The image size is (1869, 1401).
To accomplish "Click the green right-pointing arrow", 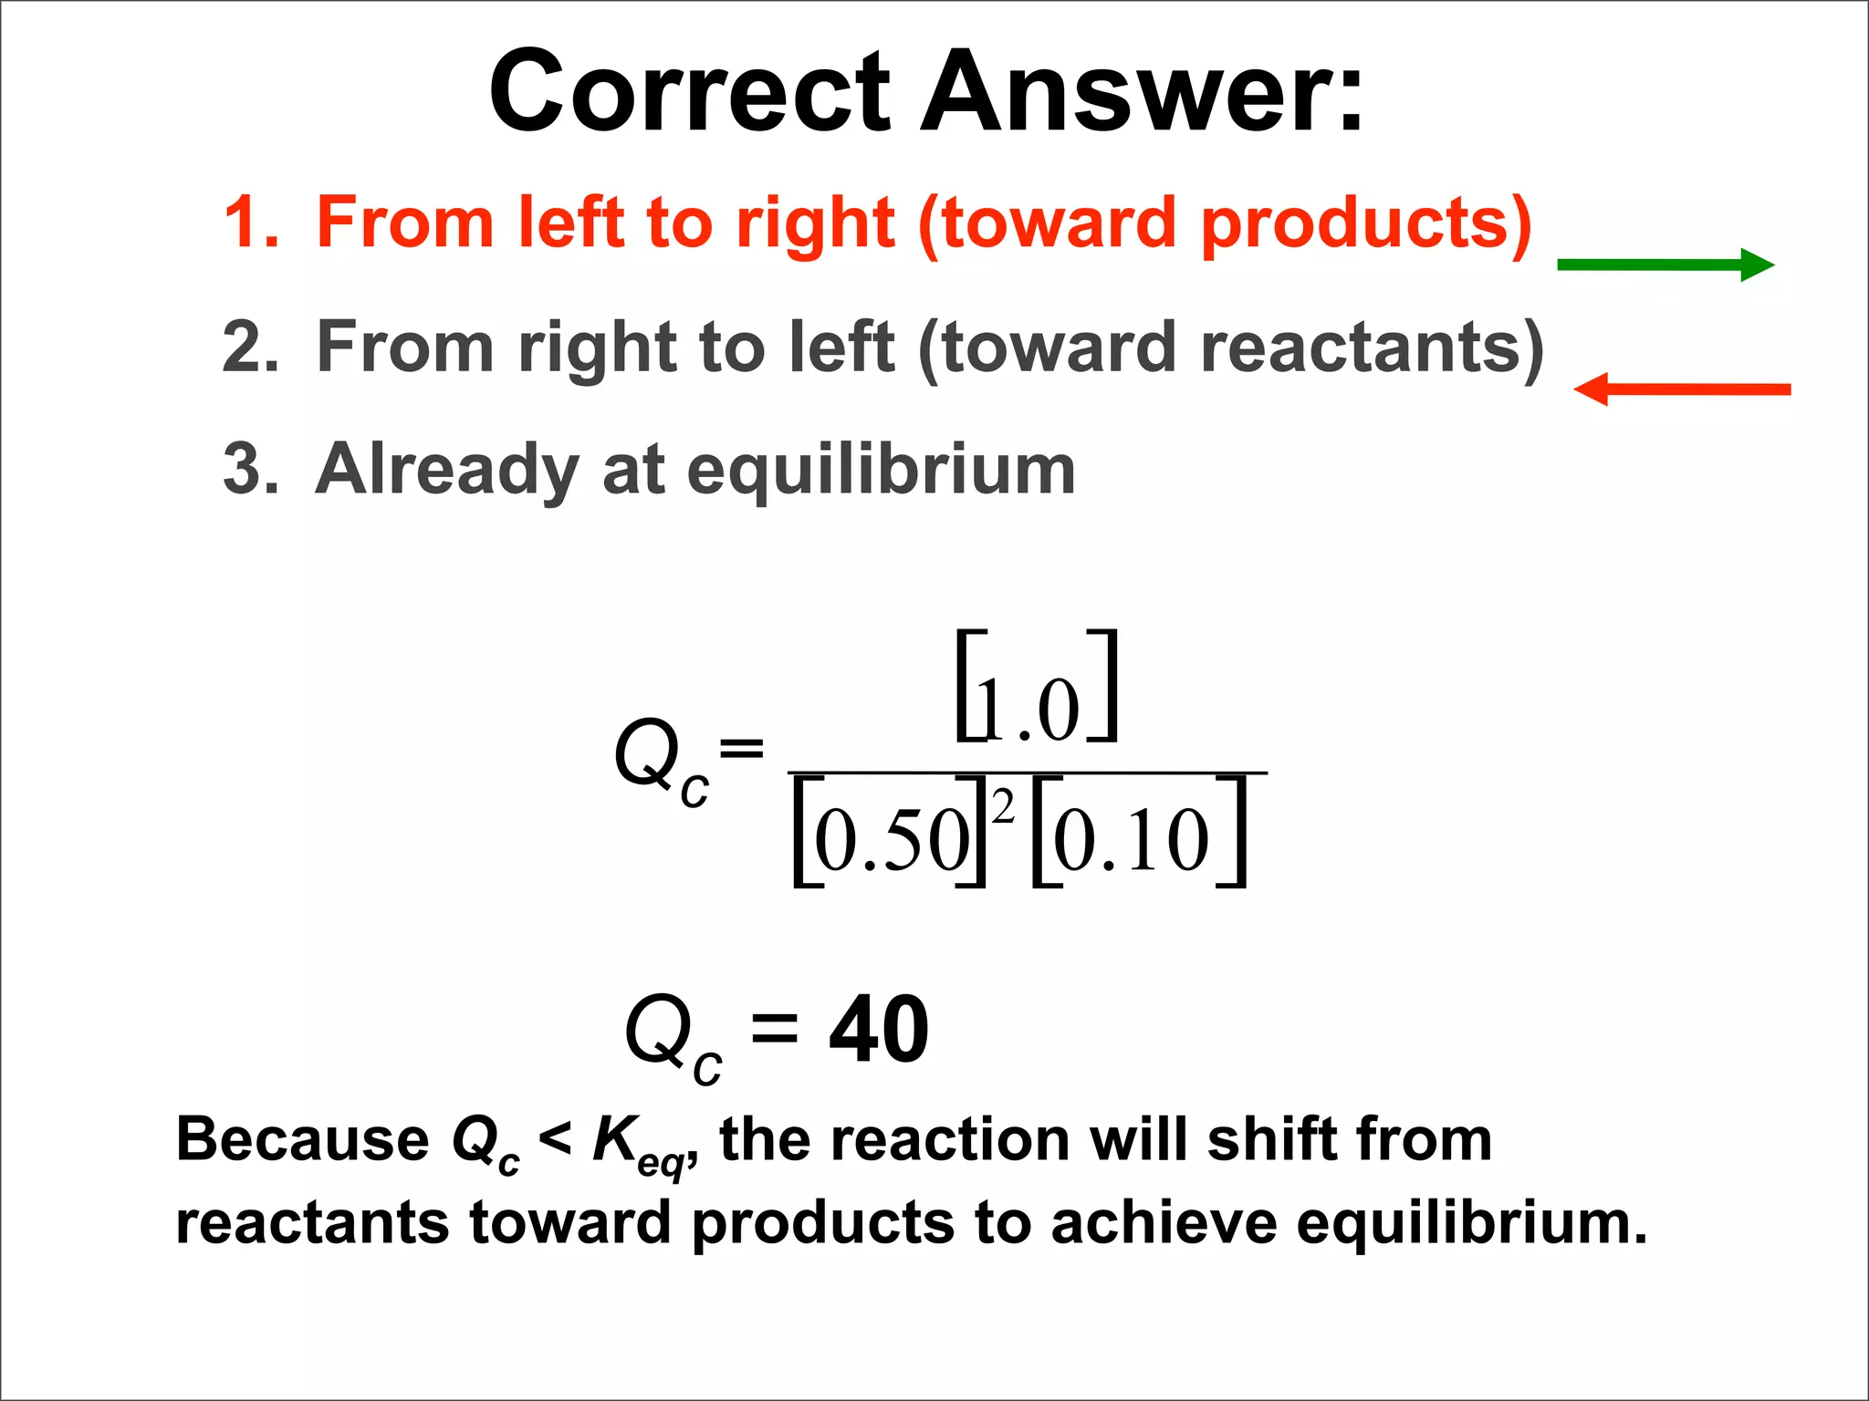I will tap(1665, 265).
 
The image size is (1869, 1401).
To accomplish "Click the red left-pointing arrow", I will tap(1682, 389).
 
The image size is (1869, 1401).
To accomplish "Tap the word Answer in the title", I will tap(1141, 91).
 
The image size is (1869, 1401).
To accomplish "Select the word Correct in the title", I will tap(689, 91).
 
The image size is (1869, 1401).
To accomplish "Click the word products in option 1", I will tap(1365, 223).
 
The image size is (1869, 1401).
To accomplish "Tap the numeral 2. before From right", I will tap(251, 347).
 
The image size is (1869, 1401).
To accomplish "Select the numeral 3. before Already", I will tap(251, 469).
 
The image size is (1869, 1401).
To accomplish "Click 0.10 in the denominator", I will tap(1132, 839).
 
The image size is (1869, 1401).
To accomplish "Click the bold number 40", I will tap(879, 1030).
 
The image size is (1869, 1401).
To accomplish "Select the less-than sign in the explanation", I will tap(555, 1139).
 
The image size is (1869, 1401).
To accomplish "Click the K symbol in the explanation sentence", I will tap(613, 1139).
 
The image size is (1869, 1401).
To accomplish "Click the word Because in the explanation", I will tap(302, 1139).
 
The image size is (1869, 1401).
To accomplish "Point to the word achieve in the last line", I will tap(1164, 1222).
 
